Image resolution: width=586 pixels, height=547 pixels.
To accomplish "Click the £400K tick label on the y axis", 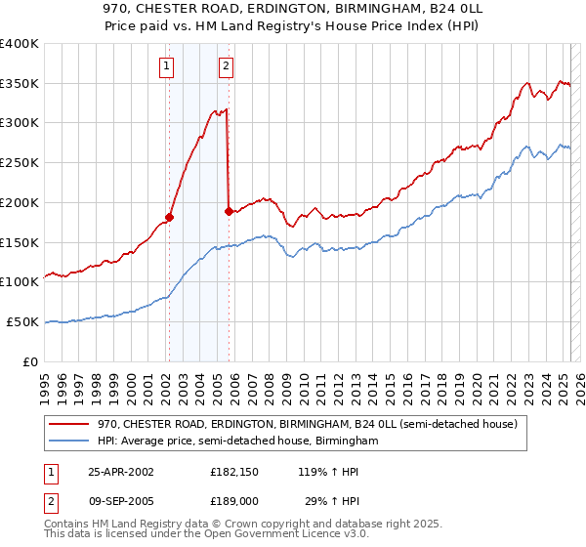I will click(19, 44).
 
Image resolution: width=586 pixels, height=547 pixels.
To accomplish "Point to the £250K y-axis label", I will click(19, 163).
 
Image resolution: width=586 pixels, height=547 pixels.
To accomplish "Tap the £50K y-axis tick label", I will click(22, 321).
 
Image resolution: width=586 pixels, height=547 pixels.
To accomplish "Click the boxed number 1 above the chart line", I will click(168, 66).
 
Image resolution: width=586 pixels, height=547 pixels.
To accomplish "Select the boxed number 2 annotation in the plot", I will click(226, 66).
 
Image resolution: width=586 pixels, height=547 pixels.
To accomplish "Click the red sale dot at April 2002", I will click(170, 217).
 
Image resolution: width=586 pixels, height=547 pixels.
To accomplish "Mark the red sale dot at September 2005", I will click(229, 210).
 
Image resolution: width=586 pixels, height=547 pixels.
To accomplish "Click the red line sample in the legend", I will click(70, 424).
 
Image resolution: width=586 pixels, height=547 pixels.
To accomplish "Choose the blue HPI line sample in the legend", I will click(70, 441).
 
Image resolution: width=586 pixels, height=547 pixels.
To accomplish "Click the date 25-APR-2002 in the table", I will click(121, 471).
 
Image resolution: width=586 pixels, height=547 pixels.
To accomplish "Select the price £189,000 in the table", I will click(235, 500).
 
